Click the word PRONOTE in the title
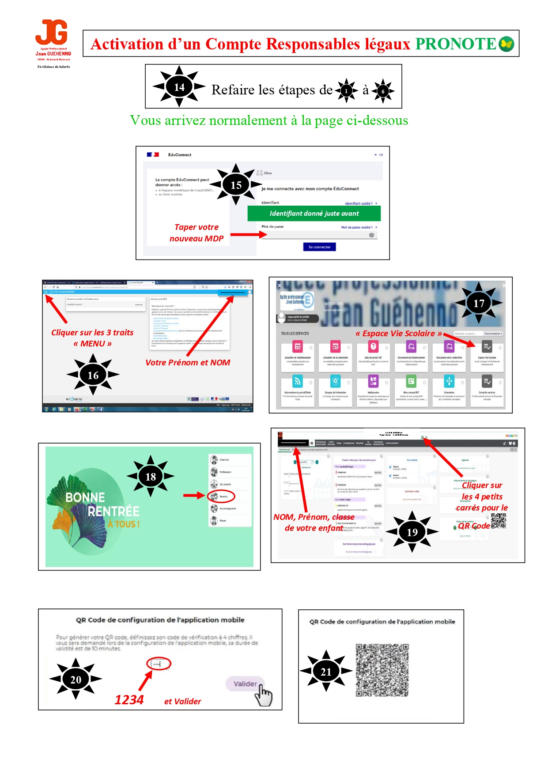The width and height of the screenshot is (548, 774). pos(456,44)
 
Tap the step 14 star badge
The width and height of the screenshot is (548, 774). pos(179,86)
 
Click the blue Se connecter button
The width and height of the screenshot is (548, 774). pos(319,247)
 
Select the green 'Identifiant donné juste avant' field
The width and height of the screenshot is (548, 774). pos(314,214)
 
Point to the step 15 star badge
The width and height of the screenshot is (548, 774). pos(236,185)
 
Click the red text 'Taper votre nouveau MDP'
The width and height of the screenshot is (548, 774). pos(197,233)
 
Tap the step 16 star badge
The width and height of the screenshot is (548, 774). pos(93,375)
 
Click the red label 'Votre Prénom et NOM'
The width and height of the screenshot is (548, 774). pos(188,362)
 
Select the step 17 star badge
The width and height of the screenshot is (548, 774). pos(479,303)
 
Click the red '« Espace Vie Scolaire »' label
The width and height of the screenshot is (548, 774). pos(398,334)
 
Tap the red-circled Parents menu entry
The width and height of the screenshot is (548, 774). pos(221,496)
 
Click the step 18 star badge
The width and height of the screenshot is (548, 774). pos(151,477)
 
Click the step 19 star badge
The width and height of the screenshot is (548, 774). pos(412,532)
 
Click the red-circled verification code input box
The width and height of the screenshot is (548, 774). pos(159,664)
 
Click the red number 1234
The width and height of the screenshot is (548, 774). pos(129,700)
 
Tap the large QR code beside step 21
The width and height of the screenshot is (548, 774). pos(382,670)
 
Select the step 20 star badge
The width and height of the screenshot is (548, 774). pos(76,679)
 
